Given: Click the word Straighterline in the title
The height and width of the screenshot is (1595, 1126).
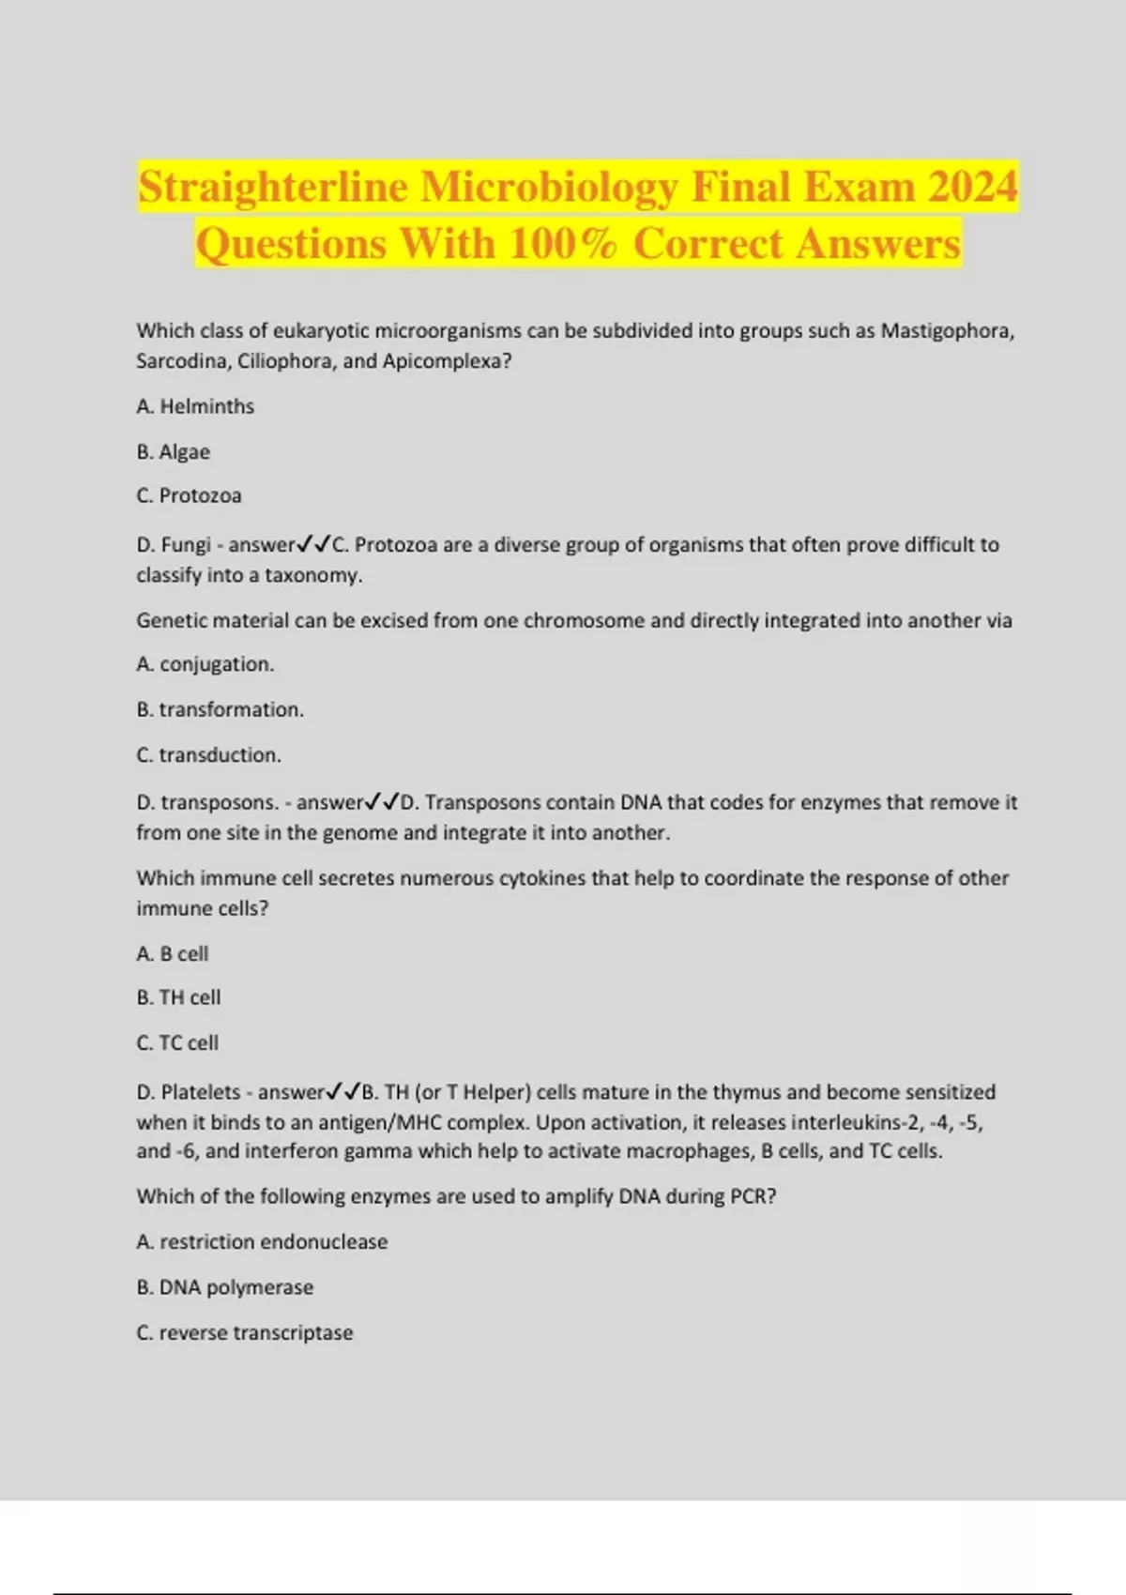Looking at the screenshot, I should coord(273,187).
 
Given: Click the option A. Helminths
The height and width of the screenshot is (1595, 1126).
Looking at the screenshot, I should coord(195,406).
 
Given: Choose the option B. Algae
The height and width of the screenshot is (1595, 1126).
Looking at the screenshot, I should coord(174,451).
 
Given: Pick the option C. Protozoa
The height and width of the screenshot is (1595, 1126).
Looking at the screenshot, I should coord(189,495).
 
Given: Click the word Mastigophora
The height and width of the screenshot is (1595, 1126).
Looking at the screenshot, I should coord(946,330).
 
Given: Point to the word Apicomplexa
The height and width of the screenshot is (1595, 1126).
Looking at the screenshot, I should coord(447,361).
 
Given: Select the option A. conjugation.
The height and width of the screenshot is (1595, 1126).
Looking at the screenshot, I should coord(205,664).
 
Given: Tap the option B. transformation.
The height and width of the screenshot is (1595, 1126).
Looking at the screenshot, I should coord(221,709).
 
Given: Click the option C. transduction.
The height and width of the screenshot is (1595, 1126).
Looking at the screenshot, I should coord(209,754).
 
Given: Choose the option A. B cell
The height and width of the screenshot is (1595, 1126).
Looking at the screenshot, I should coord(173,953).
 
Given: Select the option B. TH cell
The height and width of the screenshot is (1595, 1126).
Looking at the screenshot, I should coord(178,997).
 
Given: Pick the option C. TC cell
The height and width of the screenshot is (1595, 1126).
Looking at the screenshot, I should coord(177,1042).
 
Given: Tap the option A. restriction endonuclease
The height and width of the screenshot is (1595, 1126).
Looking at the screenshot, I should coord(262,1241).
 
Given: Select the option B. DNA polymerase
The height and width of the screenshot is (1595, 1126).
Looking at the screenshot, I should coord(225,1287).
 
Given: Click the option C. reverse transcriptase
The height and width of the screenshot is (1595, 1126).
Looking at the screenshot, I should coord(245,1332).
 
